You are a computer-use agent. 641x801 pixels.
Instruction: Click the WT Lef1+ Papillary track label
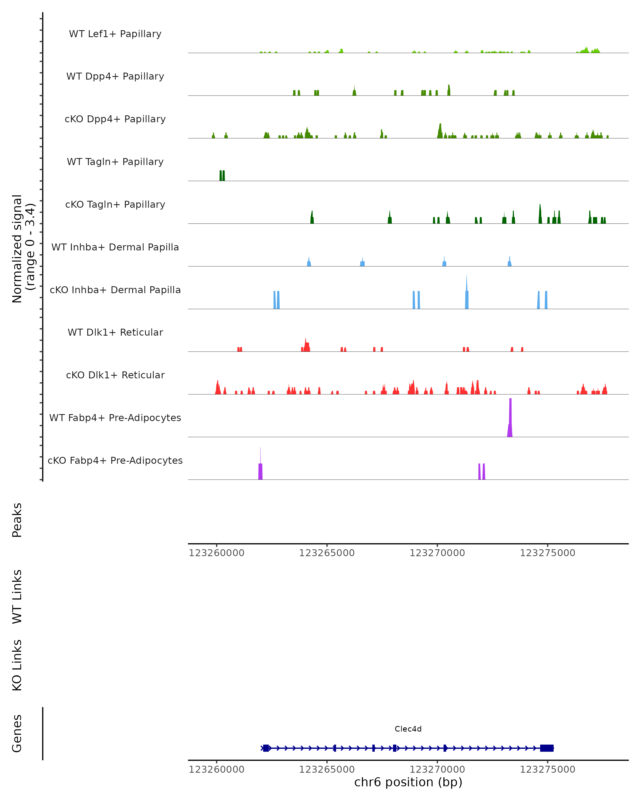pos(115,34)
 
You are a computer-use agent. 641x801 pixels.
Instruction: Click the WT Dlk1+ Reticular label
pos(115,332)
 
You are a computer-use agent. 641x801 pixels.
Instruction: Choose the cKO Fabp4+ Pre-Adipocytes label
pos(115,460)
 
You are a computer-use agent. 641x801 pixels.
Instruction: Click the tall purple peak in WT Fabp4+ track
pos(510,420)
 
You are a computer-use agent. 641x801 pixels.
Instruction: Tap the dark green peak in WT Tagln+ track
pos(222,175)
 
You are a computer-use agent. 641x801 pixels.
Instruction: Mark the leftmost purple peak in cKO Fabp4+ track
pos(260,470)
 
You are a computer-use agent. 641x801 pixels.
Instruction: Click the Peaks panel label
pos(17,520)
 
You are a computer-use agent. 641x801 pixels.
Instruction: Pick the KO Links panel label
pos(17,665)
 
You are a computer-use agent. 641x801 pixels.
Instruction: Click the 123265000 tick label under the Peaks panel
pos(327,553)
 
